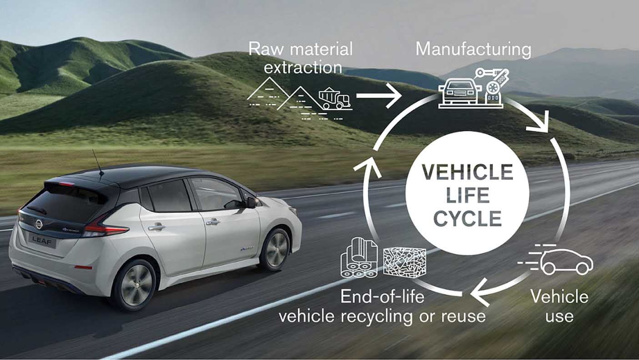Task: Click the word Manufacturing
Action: coord(473,50)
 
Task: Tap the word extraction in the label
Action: coord(302,68)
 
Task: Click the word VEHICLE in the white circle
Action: coord(468,172)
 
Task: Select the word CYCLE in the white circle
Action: coord(468,219)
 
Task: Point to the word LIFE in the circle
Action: coord(468,195)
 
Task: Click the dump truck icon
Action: coord(335,98)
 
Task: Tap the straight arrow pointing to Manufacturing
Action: coord(378,96)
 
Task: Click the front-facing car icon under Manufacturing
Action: coord(459,93)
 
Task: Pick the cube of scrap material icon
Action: coord(404,262)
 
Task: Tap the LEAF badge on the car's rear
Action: coord(42,241)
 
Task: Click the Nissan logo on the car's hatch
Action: coord(39,224)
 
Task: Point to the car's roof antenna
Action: coord(97,165)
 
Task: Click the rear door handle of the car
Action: coord(156,227)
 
